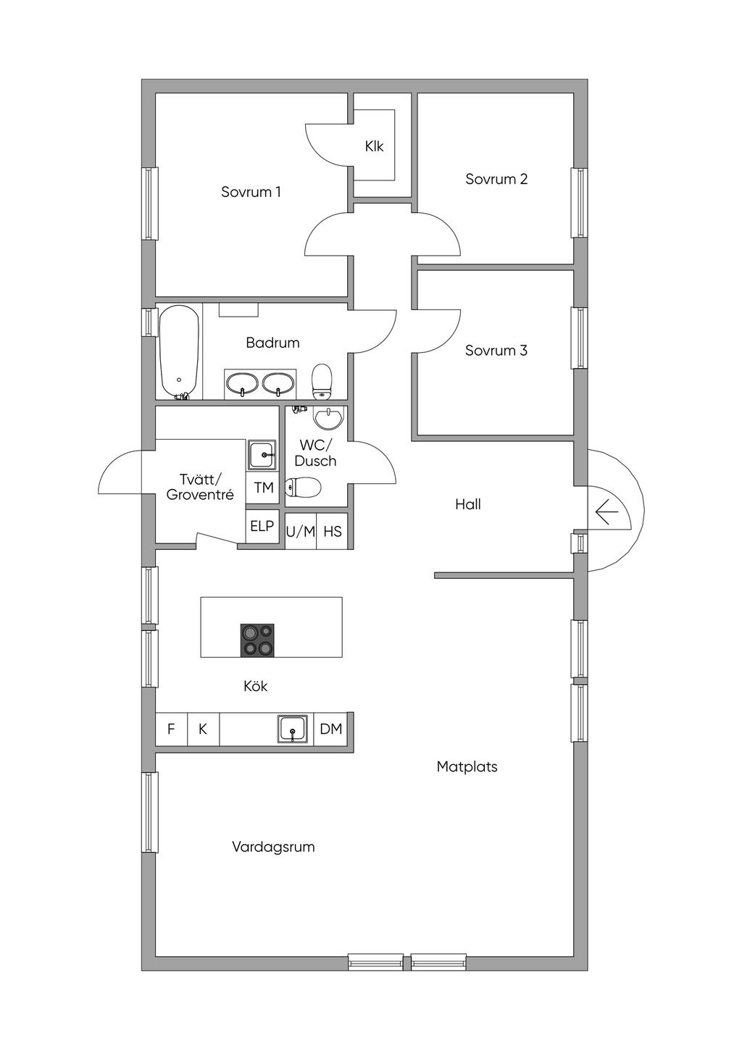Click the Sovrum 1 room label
(x=251, y=192)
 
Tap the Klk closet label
(x=374, y=146)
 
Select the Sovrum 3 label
(x=496, y=351)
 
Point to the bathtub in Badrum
(x=179, y=351)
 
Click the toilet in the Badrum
(x=322, y=380)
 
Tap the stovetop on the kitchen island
(x=257, y=640)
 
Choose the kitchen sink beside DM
(x=293, y=729)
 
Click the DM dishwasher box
(x=331, y=729)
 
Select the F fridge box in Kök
(x=172, y=729)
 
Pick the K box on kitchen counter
(x=203, y=729)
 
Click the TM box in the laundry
(x=264, y=488)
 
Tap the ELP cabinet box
(x=262, y=526)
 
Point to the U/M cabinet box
(x=301, y=532)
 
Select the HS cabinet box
(x=333, y=532)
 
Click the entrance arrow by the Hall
(x=606, y=513)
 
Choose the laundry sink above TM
(x=262, y=455)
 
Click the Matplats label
(x=467, y=766)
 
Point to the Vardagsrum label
(x=273, y=847)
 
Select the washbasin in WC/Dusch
(x=329, y=419)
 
